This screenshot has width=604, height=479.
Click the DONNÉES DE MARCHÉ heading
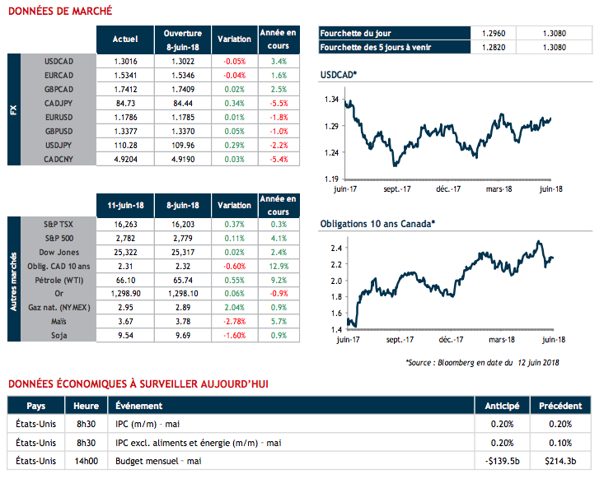click(x=60, y=11)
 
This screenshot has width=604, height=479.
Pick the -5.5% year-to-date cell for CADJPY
click(x=279, y=103)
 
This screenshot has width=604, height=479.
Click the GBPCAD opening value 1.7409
click(x=182, y=89)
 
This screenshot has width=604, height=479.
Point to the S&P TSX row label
click(x=59, y=223)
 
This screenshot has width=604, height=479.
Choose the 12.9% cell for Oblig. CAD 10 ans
click(x=279, y=265)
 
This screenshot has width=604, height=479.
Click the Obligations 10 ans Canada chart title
click(x=377, y=223)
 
